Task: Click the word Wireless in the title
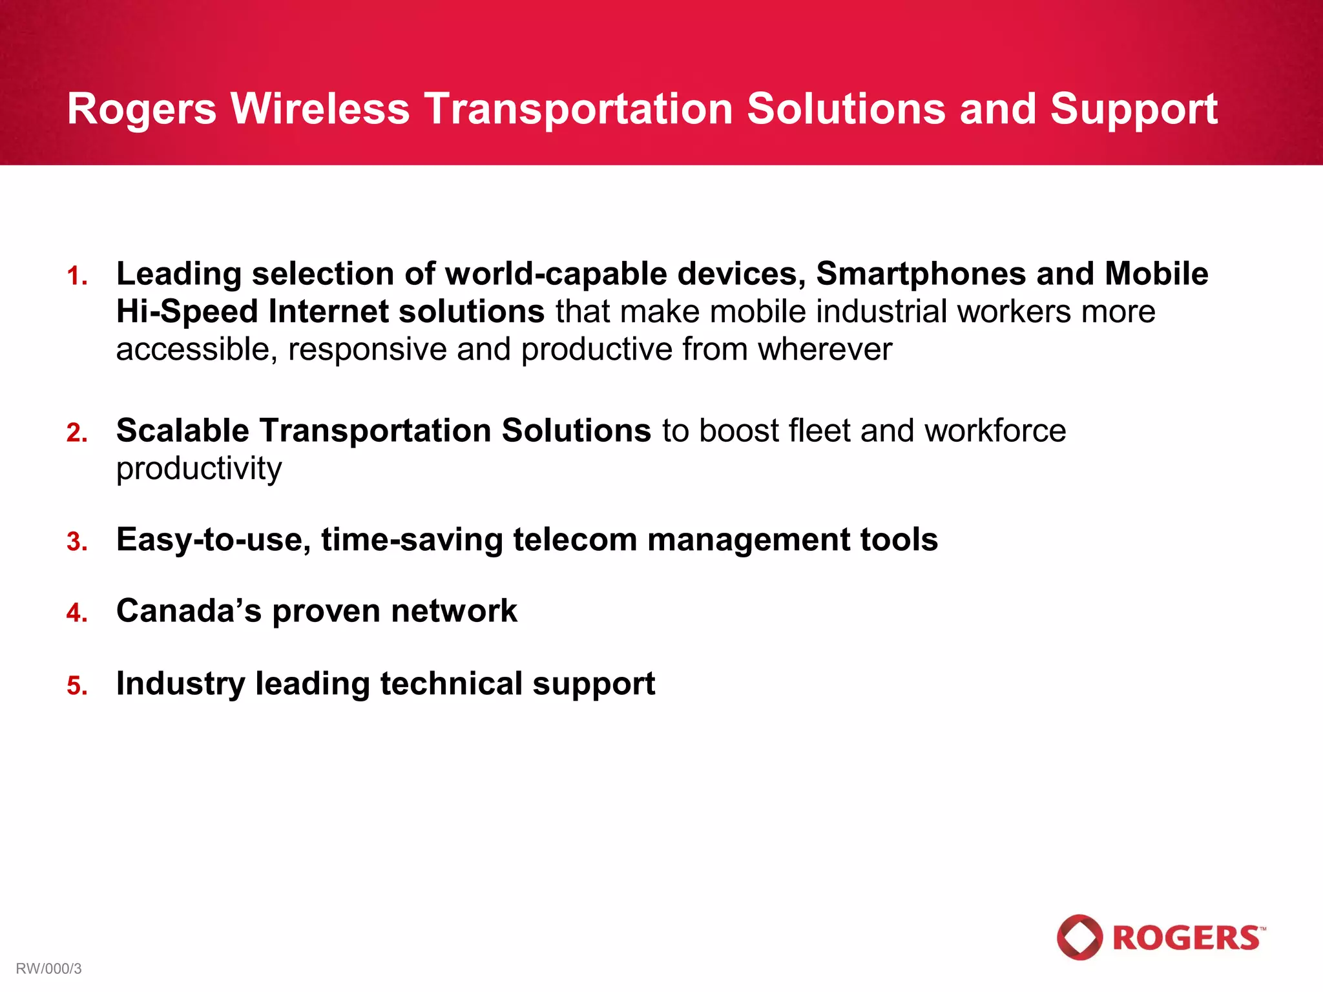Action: click(320, 108)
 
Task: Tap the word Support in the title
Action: click(1134, 109)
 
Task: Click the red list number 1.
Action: click(76, 276)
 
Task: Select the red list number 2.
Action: click(76, 433)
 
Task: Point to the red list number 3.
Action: click(76, 542)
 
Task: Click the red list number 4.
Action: click(76, 613)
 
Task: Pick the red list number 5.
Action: click(76, 686)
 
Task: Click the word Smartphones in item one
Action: click(921, 274)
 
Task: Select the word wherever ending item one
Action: click(824, 349)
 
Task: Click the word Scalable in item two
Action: click(182, 431)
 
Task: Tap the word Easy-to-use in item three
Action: click(213, 540)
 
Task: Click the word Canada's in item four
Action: click(189, 611)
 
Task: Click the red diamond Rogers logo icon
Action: click(1079, 937)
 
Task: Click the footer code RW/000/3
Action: click(49, 969)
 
